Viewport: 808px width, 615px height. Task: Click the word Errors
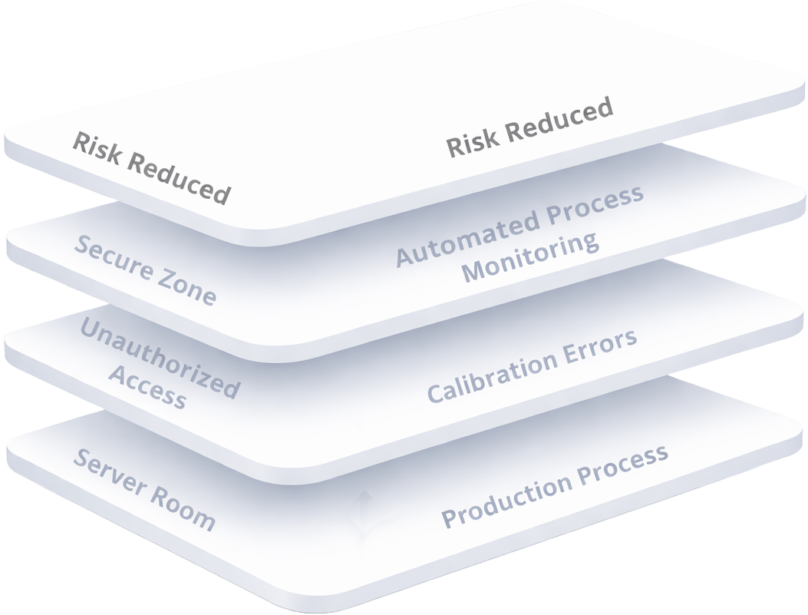(602, 345)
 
